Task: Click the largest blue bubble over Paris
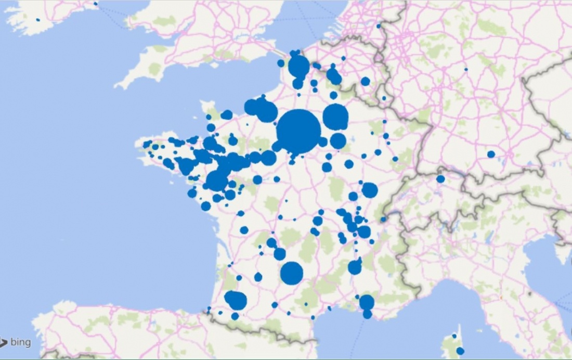tap(298, 132)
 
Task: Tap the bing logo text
tap(20, 342)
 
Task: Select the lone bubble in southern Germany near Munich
tap(491, 154)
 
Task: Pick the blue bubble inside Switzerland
tap(440, 179)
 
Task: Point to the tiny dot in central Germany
tap(466, 69)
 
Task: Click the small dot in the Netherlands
tap(379, 25)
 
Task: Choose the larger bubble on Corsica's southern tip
tap(460, 351)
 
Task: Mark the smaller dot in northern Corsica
tap(454, 336)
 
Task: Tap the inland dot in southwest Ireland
tap(38, 20)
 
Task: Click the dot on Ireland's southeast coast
tap(96, 4)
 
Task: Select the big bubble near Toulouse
tap(292, 273)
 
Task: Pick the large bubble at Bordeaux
tap(236, 300)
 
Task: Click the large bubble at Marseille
tap(367, 302)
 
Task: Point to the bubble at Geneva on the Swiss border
tap(383, 220)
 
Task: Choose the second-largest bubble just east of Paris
tap(335, 117)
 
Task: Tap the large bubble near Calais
tap(298, 66)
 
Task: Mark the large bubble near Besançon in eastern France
tap(370, 190)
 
